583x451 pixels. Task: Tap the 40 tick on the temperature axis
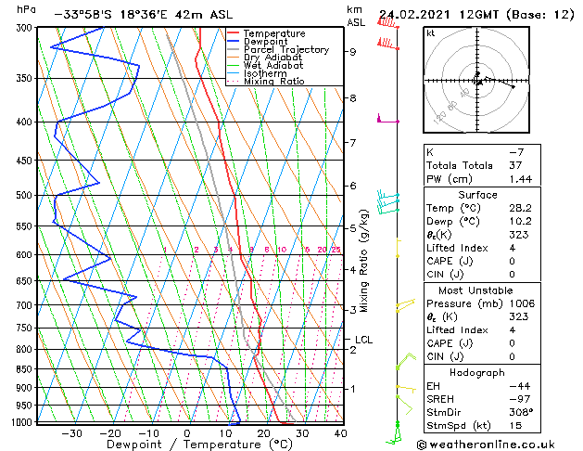(x=340, y=433)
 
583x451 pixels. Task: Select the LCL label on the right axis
(x=363, y=340)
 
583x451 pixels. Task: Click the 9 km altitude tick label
(x=353, y=52)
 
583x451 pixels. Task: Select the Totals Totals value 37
(x=520, y=165)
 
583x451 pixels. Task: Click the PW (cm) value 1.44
(x=523, y=178)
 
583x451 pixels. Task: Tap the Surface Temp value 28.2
(x=523, y=209)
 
